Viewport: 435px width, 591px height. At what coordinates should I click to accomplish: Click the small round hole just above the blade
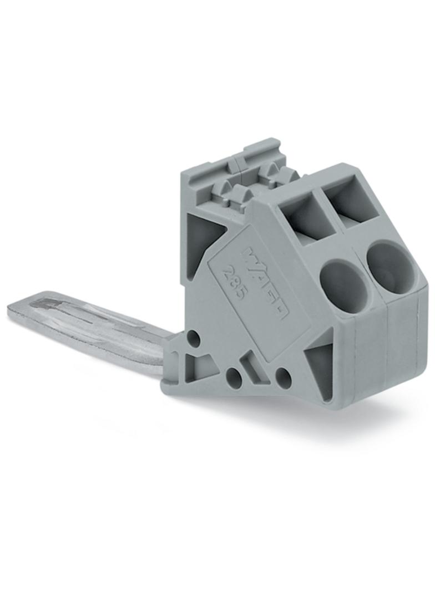194,337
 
